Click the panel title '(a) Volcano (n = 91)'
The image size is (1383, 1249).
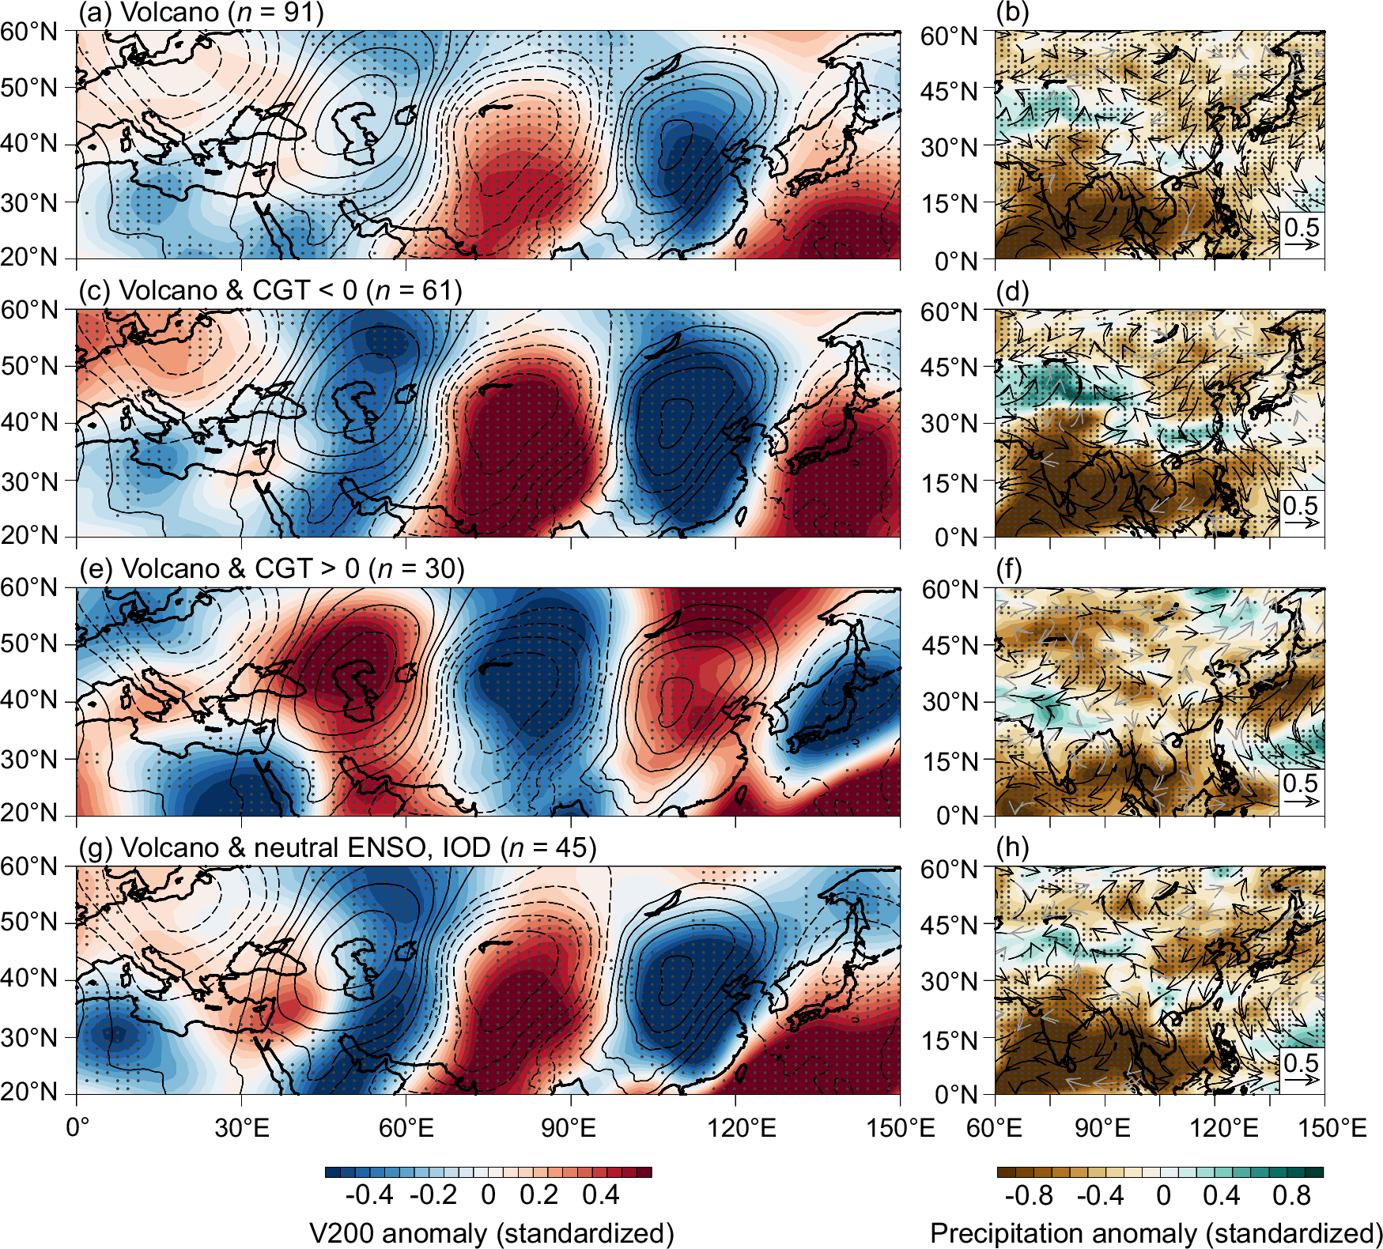point(201,13)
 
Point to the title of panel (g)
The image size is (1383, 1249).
point(337,847)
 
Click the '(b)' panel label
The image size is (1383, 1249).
point(1012,13)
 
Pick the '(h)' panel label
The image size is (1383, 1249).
point(1012,847)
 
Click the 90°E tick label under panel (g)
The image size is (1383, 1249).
point(569,1127)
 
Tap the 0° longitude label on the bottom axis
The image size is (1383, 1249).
point(77,1127)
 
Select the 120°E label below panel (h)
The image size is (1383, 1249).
point(1223,1127)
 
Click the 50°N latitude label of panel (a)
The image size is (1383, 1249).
point(29,88)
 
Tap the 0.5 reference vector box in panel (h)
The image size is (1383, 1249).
point(1302,1069)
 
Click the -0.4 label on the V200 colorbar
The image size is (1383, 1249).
point(369,1194)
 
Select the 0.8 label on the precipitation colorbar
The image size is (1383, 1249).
point(1291,1194)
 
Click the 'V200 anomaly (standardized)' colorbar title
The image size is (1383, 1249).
point(491,1233)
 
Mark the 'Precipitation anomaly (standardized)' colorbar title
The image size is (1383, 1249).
point(1156,1233)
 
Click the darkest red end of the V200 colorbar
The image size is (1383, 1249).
point(645,1172)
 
